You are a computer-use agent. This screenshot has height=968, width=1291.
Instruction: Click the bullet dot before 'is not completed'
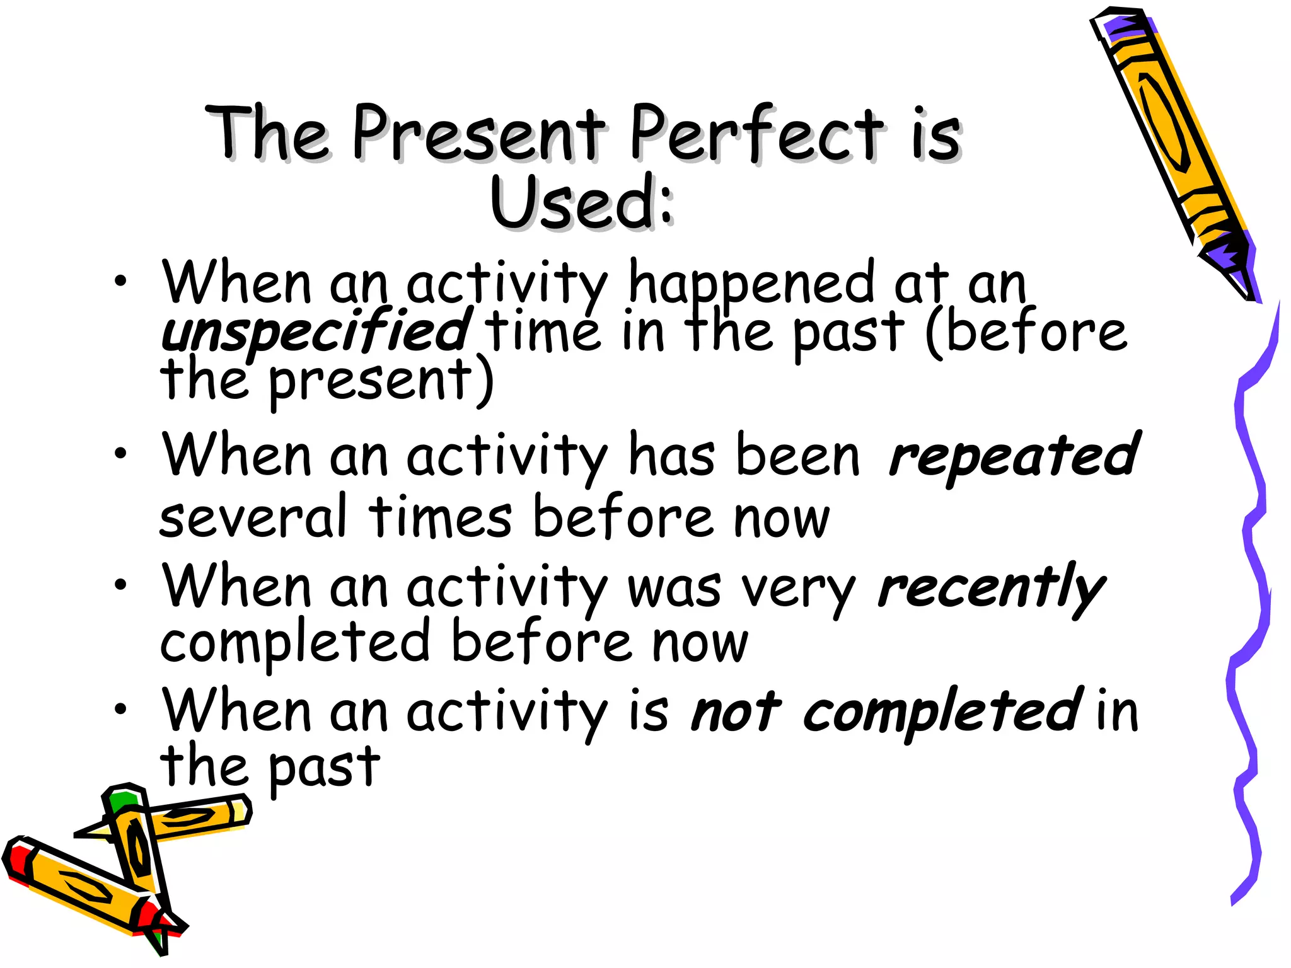[x=120, y=709]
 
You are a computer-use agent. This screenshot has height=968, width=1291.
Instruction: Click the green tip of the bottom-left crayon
[x=121, y=800]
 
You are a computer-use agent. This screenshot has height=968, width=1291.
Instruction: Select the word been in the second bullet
[x=797, y=455]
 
